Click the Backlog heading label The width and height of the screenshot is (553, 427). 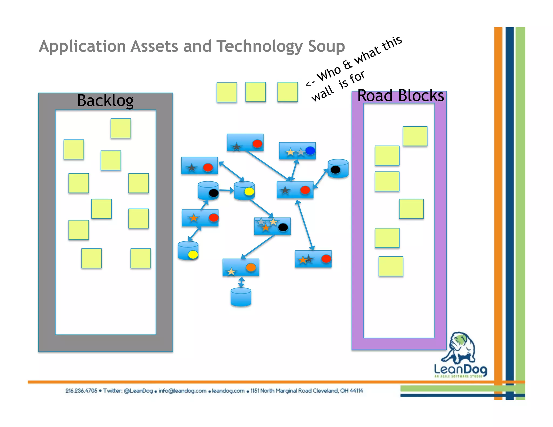click(x=105, y=100)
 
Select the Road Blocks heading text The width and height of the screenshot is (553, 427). click(x=400, y=96)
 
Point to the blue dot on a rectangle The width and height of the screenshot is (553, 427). click(x=310, y=150)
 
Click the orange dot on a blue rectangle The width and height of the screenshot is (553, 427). click(x=251, y=267)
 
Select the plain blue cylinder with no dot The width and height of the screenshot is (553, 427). click(x=241, y=297)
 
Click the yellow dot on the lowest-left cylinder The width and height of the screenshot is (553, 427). click(x=193, y=255)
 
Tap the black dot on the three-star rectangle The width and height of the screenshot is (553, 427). click(x=283, y=227)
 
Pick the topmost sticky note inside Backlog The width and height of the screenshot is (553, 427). click(x=121, y=128)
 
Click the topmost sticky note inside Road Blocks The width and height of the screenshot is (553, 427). click(x=415, y=136)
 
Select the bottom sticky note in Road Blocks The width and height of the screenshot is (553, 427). click(x=391, y=266)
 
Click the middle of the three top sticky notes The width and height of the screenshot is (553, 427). click(x=255, y=92)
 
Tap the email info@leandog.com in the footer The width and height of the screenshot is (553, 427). click(x=182, y=391)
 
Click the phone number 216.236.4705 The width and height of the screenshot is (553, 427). click(x=81, y=391)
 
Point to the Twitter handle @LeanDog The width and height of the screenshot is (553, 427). click(x=138, y=391)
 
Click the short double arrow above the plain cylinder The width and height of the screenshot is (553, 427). click(x=241, y=282)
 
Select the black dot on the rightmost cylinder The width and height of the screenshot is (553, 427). click(x=335, y=170)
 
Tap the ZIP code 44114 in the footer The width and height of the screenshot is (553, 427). click(x=356, y=391)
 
